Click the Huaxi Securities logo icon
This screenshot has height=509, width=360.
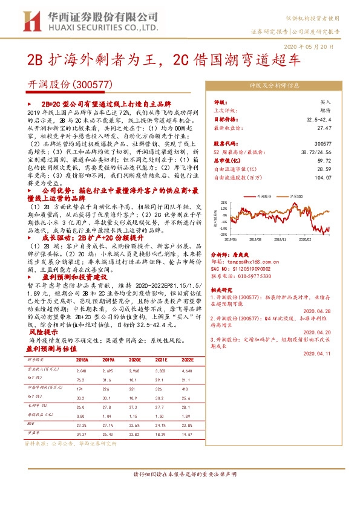coord(31,23)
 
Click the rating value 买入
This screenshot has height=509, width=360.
coord(326,103)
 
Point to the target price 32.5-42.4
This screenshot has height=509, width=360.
coord(319,120)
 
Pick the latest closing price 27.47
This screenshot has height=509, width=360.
coord(326,128)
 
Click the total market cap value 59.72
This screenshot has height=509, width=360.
coord(326,161)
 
